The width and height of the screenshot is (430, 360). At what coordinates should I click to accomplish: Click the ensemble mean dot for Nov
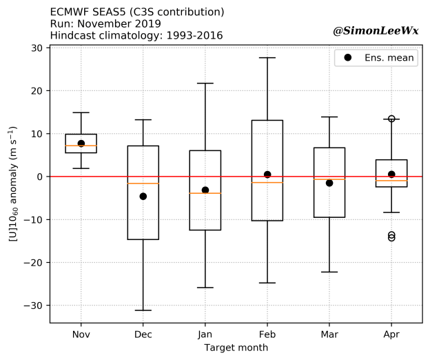81,143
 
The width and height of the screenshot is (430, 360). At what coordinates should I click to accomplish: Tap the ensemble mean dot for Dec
143,197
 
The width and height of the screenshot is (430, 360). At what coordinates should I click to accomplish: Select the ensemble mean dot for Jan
205,190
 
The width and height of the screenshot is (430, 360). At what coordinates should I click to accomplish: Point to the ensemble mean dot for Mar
329,183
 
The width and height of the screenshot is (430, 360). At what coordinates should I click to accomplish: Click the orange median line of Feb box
267,182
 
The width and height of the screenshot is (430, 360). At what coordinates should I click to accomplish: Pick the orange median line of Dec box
143,183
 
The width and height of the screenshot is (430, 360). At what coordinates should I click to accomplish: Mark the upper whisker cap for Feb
267,58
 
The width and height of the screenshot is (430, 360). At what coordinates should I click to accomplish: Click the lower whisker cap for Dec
143,310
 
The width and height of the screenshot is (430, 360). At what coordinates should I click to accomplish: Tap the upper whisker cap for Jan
205,83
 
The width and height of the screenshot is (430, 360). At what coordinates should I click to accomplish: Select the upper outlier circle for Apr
391,119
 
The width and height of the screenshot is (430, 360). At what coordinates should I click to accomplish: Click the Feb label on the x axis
267,334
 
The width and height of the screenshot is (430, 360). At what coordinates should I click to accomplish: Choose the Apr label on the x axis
391,334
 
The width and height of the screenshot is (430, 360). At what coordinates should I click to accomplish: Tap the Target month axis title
236,348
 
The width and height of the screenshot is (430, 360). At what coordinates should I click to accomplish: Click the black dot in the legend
348,58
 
